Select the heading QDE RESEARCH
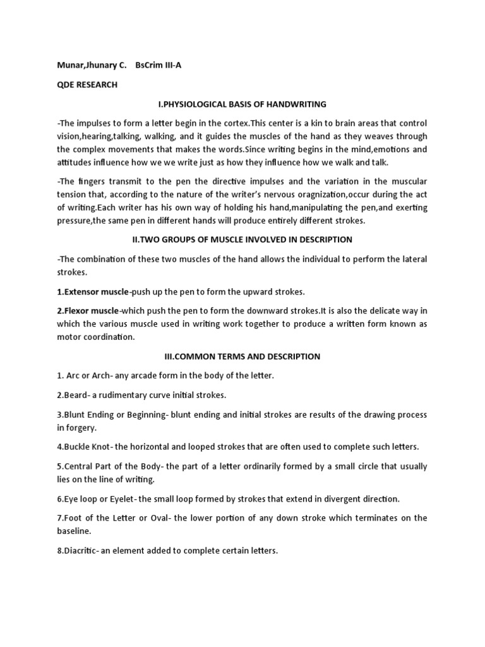pos(87,85)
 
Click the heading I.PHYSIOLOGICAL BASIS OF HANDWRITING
pos(242,104)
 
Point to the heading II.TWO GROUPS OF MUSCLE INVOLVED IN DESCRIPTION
pos(242,239)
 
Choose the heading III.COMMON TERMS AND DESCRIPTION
pos(242,356)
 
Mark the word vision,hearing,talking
pos(95,136)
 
